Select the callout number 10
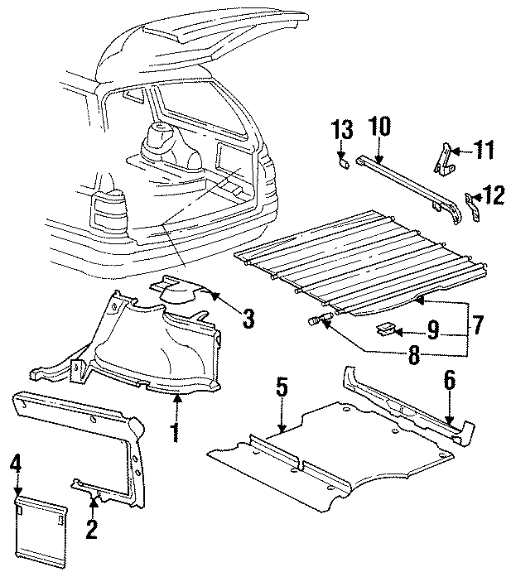[379, 126]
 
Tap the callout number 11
[484, 150]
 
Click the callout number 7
[477, 324]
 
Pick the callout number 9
[433, 331]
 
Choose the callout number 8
[414, 354]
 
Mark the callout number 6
[450, 380]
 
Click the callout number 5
[282, 387]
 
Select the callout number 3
[248, 318]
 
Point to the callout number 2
[92, 529]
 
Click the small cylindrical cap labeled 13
[344, 164]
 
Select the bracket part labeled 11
[444, 159]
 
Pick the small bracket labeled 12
[472, 206]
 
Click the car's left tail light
[109, 210]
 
